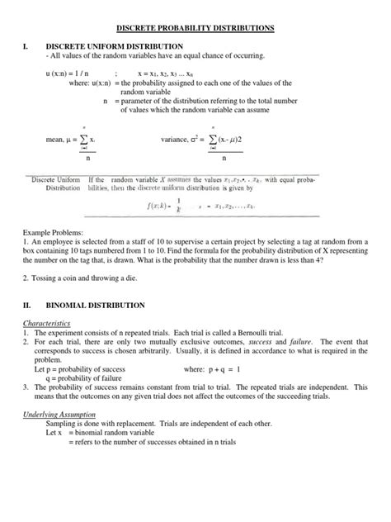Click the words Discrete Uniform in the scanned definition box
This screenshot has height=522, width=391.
point(55,178)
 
